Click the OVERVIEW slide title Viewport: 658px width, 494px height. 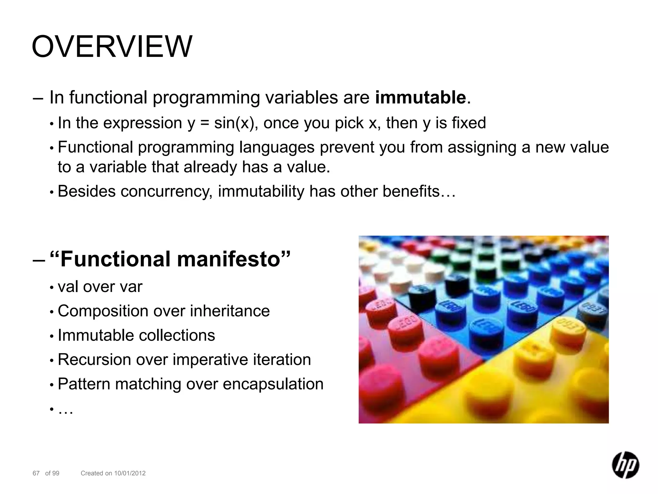(x=112, y=47)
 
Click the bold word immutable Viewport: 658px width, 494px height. (x=421, y=97)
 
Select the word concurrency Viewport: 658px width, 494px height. (x=166, y=191)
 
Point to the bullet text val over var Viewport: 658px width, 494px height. (x=100, y=287)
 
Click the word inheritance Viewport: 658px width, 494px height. (x=230, y=311)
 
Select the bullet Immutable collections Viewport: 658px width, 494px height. (x=136, y=335)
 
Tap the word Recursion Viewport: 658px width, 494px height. (x=94, y=360)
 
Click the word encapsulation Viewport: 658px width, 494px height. (x=273, y=384)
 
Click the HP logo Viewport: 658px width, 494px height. (x=625, y=465)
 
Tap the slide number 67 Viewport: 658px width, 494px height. (x=36, y=473)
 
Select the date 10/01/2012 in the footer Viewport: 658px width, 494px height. (x=130, y=473)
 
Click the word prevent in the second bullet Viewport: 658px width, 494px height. (x=346, y=148)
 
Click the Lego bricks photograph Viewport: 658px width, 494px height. (x=484, y=329)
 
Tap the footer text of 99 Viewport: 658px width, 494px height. (x=52, y=473)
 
